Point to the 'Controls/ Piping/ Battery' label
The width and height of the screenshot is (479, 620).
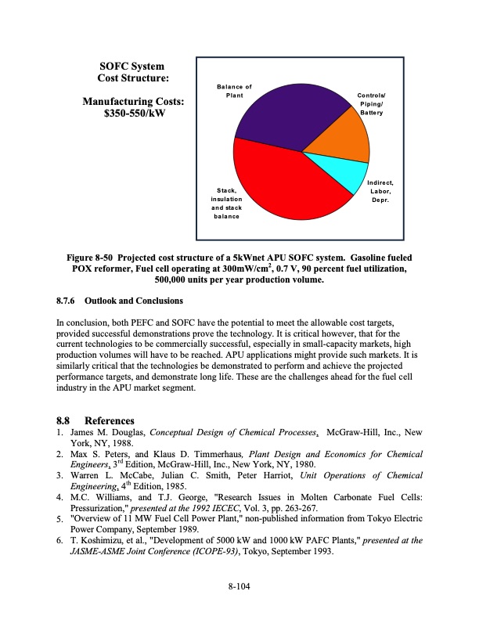[x=372, y=104]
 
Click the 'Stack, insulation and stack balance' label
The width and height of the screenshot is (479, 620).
[x=229, y=203]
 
